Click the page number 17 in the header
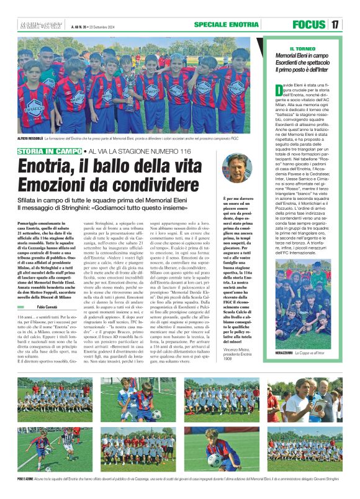pos(335,25)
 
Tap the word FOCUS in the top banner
pos(308,25)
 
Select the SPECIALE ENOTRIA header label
pos(226,24)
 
